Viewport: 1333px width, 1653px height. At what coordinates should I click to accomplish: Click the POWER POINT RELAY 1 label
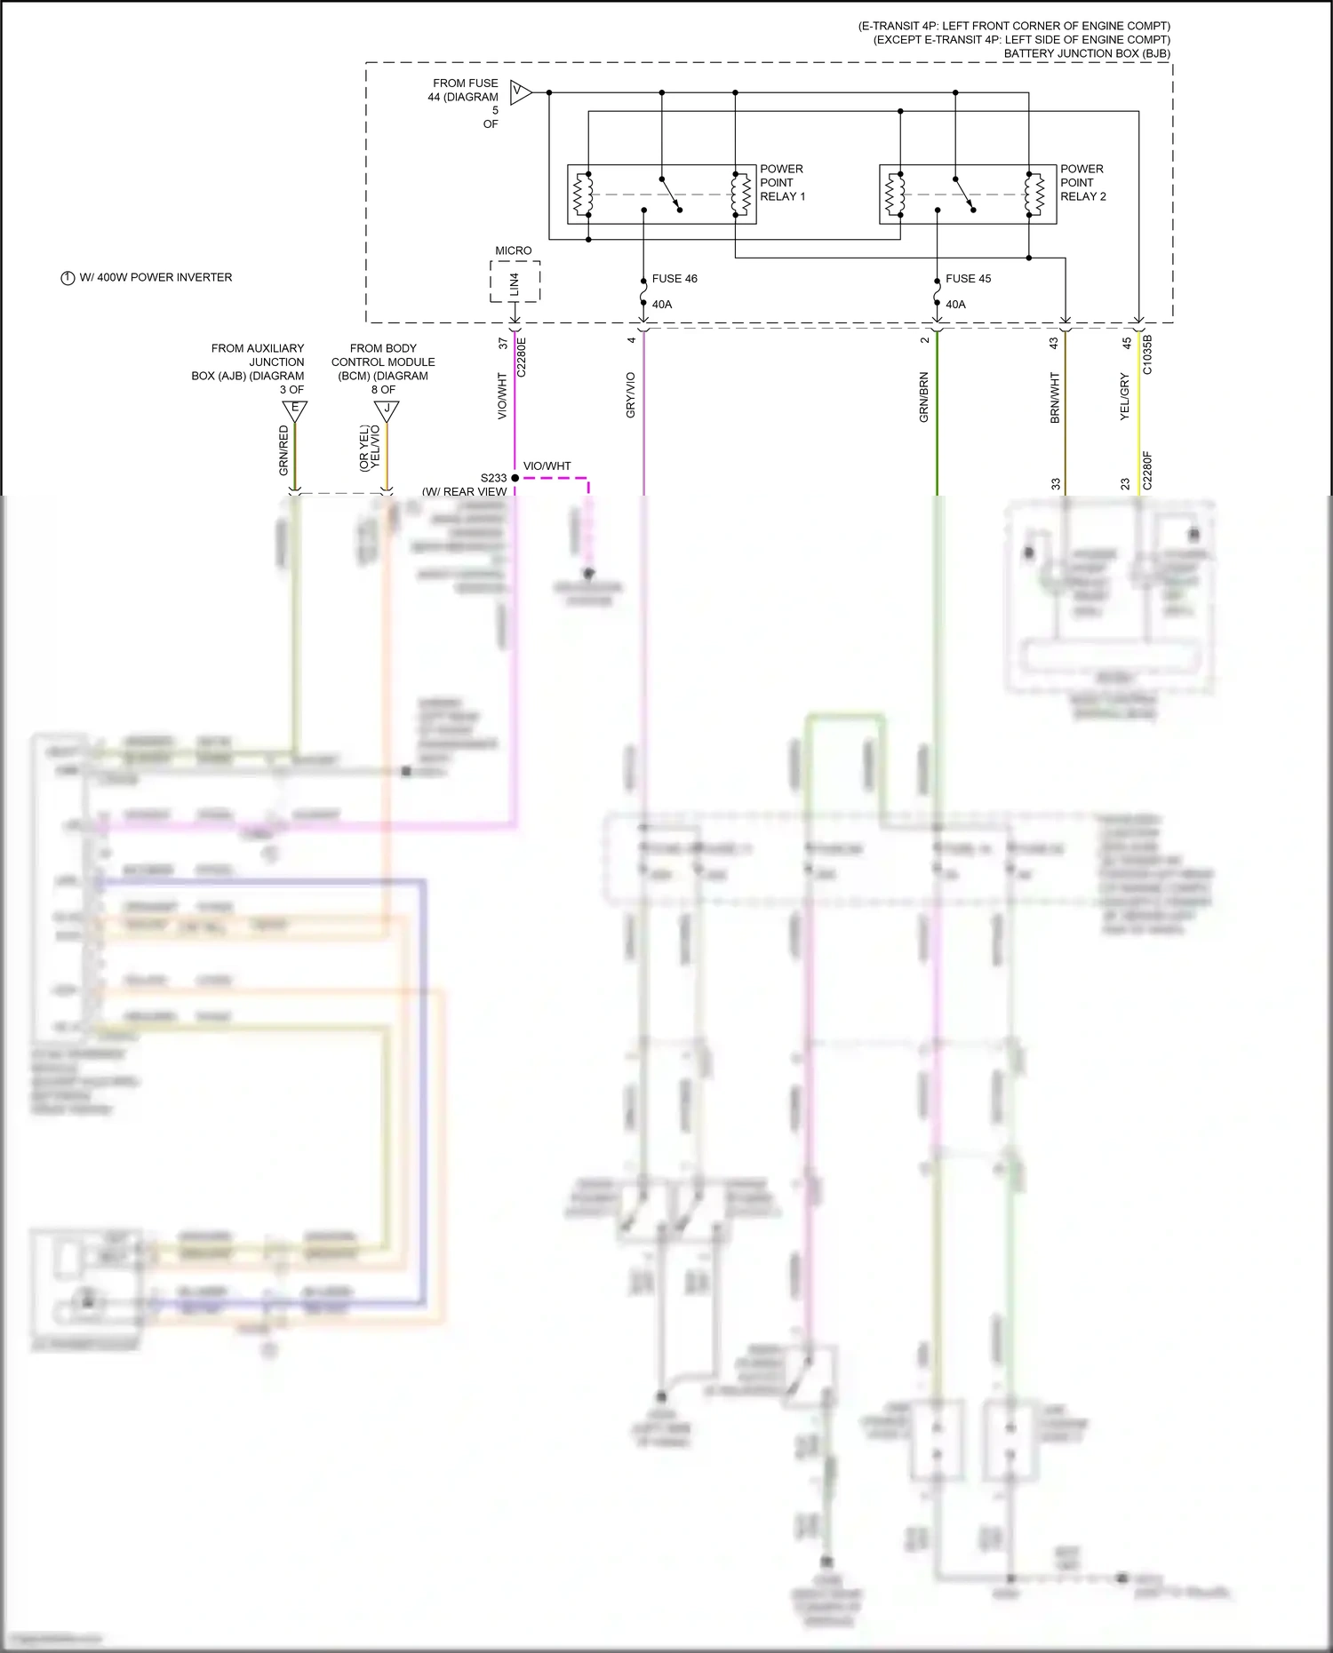point(782,182)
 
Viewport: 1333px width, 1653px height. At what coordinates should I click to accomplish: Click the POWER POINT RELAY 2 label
point(1082,182)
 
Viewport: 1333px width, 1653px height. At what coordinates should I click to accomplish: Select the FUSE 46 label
point(674,278)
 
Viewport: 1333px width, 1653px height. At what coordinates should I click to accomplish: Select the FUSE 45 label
point(968,278)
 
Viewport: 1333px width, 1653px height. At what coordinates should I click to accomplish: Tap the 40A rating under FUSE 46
point(662,304)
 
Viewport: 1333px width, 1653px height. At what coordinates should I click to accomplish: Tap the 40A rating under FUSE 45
point(955,304)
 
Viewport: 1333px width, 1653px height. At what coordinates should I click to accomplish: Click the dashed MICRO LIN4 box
point(515,282)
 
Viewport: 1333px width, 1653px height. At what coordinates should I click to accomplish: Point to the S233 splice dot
point(515,478)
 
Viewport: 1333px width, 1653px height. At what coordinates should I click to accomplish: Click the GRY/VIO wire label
point(631,395)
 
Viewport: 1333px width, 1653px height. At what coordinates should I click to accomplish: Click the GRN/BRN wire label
point(923,397)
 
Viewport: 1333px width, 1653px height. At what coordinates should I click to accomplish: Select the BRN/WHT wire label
point(1055,397)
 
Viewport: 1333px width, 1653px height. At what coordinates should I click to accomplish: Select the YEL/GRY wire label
point(1124,397)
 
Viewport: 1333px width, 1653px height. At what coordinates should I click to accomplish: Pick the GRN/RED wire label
point(284,449)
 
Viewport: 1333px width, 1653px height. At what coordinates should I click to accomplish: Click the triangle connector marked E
point(295,409)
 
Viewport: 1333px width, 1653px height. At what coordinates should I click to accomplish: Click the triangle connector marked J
point(387,409)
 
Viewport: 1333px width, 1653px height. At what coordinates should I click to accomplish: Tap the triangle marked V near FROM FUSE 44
point(520,91)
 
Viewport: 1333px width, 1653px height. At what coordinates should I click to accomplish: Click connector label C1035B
point(1146,354)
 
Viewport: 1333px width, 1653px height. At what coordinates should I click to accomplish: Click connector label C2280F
point(1146,471)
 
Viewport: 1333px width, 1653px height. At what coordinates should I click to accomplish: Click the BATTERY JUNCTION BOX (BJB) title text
point(1086,53)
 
